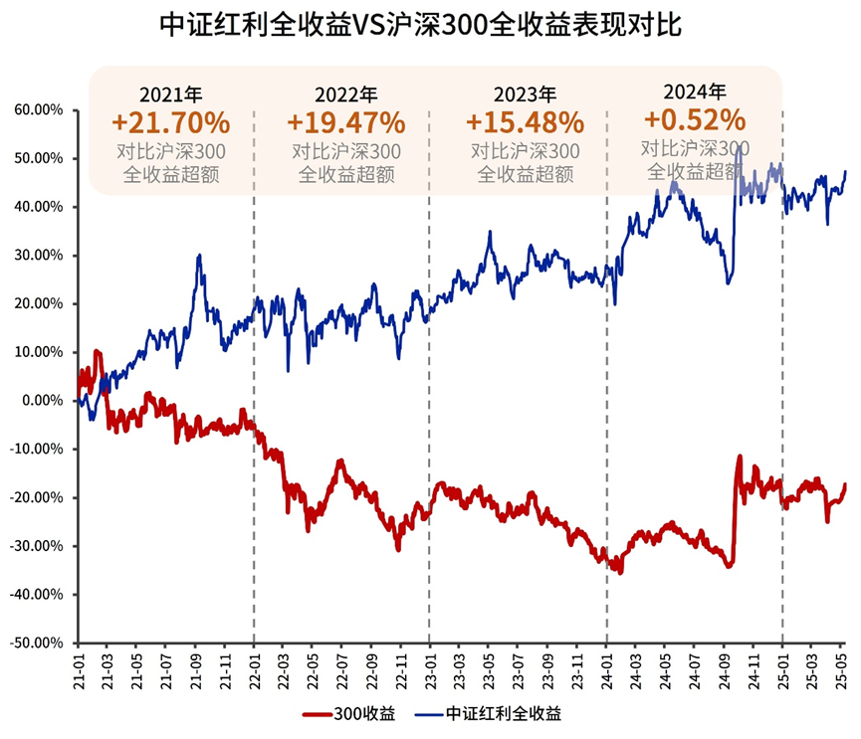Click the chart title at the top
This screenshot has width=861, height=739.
(x=430, y=25)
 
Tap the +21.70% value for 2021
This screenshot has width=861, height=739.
(x=170, y=122)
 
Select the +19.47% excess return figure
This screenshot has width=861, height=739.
(x=345, y=122)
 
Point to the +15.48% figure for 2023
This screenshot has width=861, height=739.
(x=525, y=122)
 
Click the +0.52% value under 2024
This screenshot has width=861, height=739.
(x=694, y=119)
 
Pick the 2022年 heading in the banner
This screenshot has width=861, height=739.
(x=345, y=95)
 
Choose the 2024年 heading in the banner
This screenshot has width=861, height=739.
(x=694, y=92)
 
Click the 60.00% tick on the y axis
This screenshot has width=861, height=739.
(x=39, y=109)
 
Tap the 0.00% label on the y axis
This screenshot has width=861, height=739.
(x=42, y=401)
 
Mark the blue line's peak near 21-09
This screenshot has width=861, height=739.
(x=199, y=256)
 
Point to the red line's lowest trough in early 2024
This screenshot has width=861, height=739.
(x=620, y=572)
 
